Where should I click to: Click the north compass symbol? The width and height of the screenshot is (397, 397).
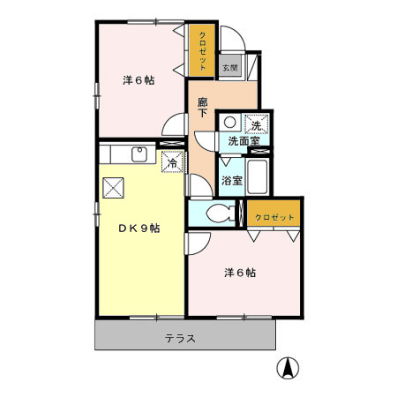pyautogui.click(x=287, y=368)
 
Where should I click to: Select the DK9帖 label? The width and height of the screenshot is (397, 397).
pyautogui.click(x=139, y=228)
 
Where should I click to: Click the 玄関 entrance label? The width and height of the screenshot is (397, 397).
pyautogui.click(x=229, y=67)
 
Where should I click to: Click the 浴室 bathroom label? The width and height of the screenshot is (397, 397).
pyautogui.click(x=232, y=181)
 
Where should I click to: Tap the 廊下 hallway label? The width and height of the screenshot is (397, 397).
pyautogui.click(x=202, y=107)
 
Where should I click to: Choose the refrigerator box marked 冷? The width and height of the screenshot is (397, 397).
pyautogui.click(x=173, y=162)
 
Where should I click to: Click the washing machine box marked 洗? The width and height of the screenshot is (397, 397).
pyautogui.click(x=257, y=124)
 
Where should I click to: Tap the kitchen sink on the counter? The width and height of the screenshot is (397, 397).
pyautogui.click(x=139, y=155)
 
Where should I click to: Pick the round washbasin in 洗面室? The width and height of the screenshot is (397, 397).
pyautogui.click(x=228, y=124)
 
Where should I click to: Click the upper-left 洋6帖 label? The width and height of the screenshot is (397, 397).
pyautogui.click(x=139, y=81)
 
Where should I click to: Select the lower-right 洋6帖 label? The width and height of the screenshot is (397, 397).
pyautogui.click(x=239, y=273)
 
